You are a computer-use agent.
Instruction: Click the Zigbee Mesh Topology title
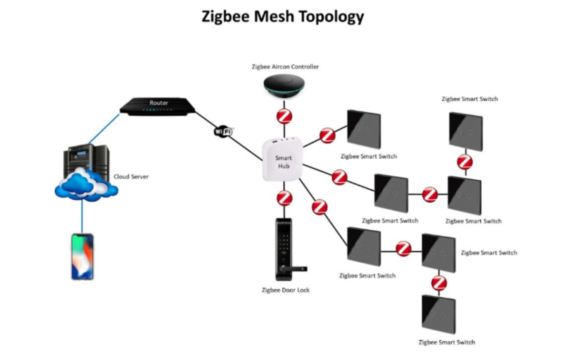pos(283,16)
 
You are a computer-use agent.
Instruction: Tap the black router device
pos(157,106)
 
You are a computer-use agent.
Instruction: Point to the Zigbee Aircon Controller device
pos(284,85)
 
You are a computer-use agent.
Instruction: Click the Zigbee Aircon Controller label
pos(285,67)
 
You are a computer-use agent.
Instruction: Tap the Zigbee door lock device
pos(284,249)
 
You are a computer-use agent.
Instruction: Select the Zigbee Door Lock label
pos(285,290)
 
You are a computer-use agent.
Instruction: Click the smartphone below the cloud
pos(82,257)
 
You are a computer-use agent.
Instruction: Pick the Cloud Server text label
pos(131,177)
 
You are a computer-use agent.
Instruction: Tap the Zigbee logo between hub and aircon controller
pos(284,116)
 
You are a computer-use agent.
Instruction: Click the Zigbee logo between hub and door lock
pos(284,198)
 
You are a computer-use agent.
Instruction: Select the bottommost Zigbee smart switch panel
pos(439,314)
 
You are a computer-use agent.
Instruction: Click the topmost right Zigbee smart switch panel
pos(466,131)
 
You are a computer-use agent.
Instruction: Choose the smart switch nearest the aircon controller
pos(364,129)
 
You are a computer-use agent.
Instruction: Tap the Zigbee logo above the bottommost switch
pos(439,283)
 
